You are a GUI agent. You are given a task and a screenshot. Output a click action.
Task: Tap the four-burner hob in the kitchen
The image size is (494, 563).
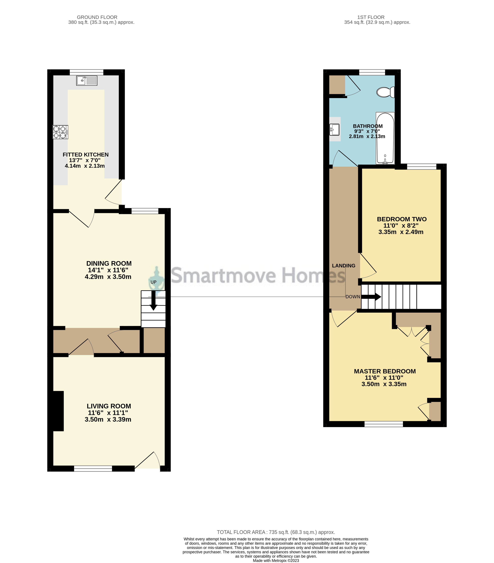pos(60,132)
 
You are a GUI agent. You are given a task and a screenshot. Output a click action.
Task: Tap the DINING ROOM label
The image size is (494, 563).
pos(109,263)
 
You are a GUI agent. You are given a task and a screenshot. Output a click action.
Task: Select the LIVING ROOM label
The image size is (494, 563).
pos(109,406)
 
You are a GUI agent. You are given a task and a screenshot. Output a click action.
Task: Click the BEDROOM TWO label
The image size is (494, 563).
pos(401,219)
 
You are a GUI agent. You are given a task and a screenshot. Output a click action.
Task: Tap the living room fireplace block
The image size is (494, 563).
pos(58,411)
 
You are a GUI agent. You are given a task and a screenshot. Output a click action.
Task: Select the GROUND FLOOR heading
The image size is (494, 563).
pos(97,17)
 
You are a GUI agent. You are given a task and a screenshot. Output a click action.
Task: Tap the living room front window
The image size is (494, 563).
pos(93,468)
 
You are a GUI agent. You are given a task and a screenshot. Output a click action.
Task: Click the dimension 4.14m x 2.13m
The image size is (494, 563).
pos(85,166)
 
